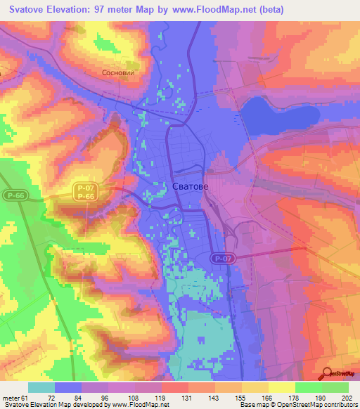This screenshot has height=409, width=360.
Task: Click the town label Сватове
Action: click(189, 186)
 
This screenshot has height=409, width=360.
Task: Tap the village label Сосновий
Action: click(117, 72)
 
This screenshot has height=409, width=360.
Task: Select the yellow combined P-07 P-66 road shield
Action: click(84, 193)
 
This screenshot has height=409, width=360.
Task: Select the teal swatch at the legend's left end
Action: click(41, 387)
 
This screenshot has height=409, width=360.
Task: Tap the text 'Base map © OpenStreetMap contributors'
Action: click(298, 405)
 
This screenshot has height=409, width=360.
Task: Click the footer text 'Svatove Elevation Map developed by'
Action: click(53, 405)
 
